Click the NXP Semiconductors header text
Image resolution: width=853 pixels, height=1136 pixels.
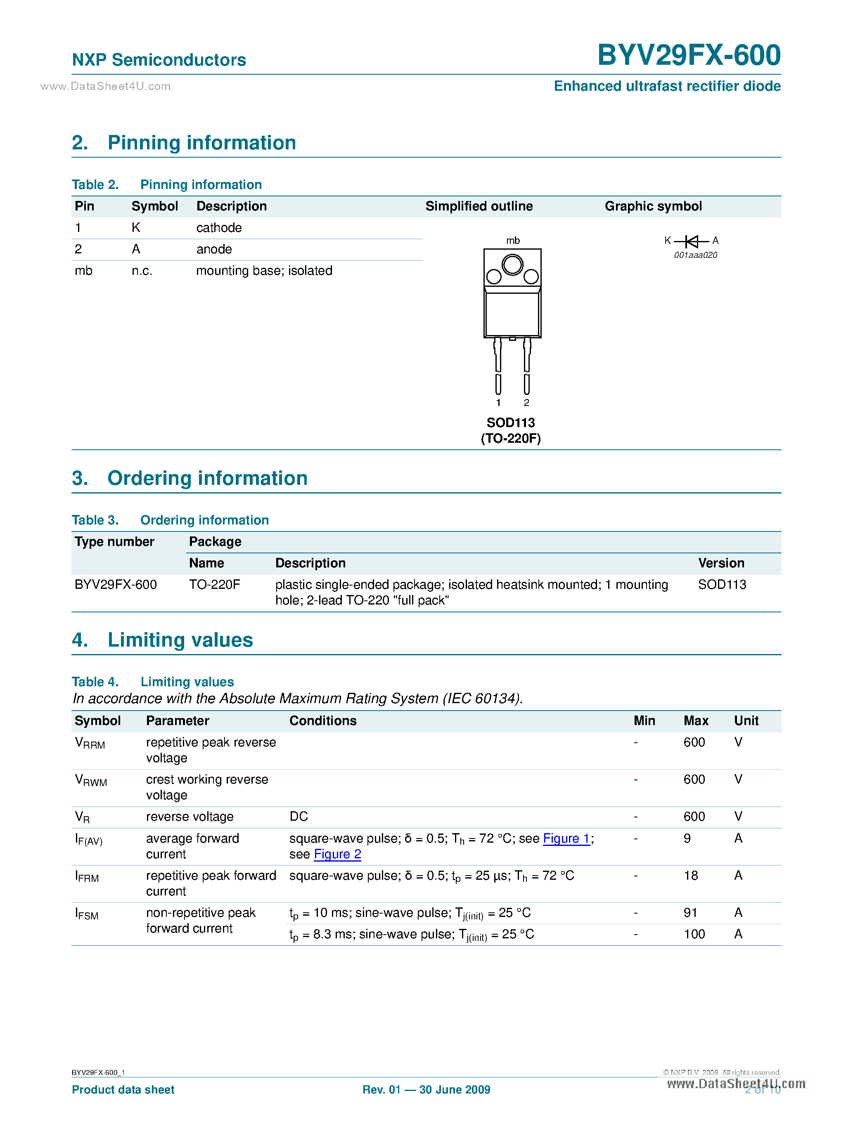click(159, 60)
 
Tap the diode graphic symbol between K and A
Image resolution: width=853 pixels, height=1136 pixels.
click(692, 241)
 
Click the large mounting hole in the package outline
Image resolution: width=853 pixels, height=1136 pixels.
click(512, 265)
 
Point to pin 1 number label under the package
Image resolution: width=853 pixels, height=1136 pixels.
click(498, 403)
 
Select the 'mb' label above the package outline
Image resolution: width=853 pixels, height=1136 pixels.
click(512, 240)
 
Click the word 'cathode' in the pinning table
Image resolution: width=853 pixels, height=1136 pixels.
click(219, 227)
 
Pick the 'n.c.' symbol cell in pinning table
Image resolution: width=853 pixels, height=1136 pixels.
click(142, 271)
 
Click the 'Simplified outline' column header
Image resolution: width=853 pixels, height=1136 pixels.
click(479, 206)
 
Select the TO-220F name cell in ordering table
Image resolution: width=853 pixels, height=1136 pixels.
click(214, 584)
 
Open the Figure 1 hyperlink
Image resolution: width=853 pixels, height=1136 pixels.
click(566, 838)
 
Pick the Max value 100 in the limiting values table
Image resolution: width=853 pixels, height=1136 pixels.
click(694, 934)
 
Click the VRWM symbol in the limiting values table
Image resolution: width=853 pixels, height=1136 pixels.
click(90, 780)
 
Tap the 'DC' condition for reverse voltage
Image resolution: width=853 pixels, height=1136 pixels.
click(299, 816)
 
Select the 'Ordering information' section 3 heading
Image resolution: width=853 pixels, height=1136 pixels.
click(207, 478)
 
